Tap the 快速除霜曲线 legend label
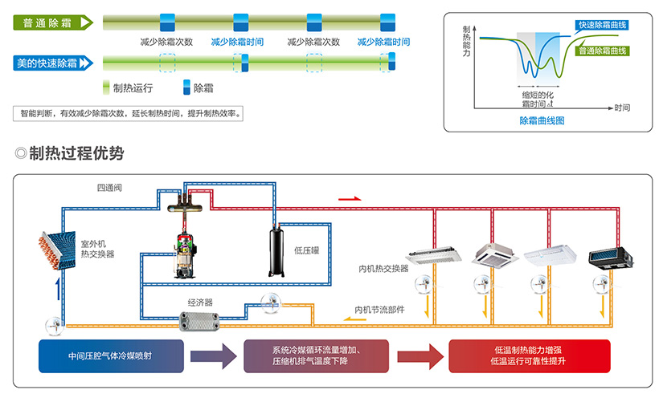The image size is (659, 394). click(x=602, y=25)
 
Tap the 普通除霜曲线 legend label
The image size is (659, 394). click(x=602, y=51)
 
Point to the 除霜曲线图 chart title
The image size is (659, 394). click(x=542, y=120)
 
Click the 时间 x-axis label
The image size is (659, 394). click(x=621, y=106)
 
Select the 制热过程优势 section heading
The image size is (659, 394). click(x=75, y=153)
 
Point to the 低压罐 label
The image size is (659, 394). click(x=306, y=251)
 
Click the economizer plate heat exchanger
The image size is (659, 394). click(x=200, y=319)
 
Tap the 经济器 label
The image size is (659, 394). click(x=200, y=303)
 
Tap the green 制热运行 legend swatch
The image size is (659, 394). click(x=107, y=87)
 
